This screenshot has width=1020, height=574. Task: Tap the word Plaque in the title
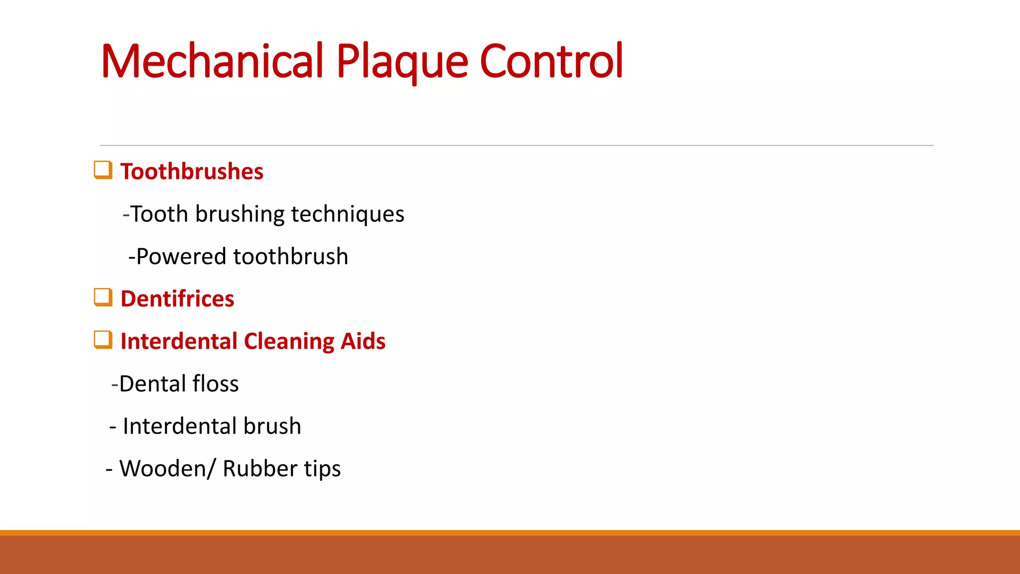tap(402, 61)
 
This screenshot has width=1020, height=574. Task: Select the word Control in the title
tap(551, 61)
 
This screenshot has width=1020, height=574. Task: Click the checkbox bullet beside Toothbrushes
tap(103, 170)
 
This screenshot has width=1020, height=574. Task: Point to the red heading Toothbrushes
tap(192, 172)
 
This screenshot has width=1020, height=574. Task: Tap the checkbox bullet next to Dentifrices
tap(103, 297)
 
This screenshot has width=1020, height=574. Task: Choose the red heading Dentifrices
tap(177, 299)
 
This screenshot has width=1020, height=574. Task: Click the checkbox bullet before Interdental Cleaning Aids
tap(103, 340)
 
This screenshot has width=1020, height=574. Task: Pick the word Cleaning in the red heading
tap(289, 342)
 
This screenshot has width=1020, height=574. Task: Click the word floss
tap(216, 384)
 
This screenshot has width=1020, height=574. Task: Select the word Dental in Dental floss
tap(152, 384)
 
